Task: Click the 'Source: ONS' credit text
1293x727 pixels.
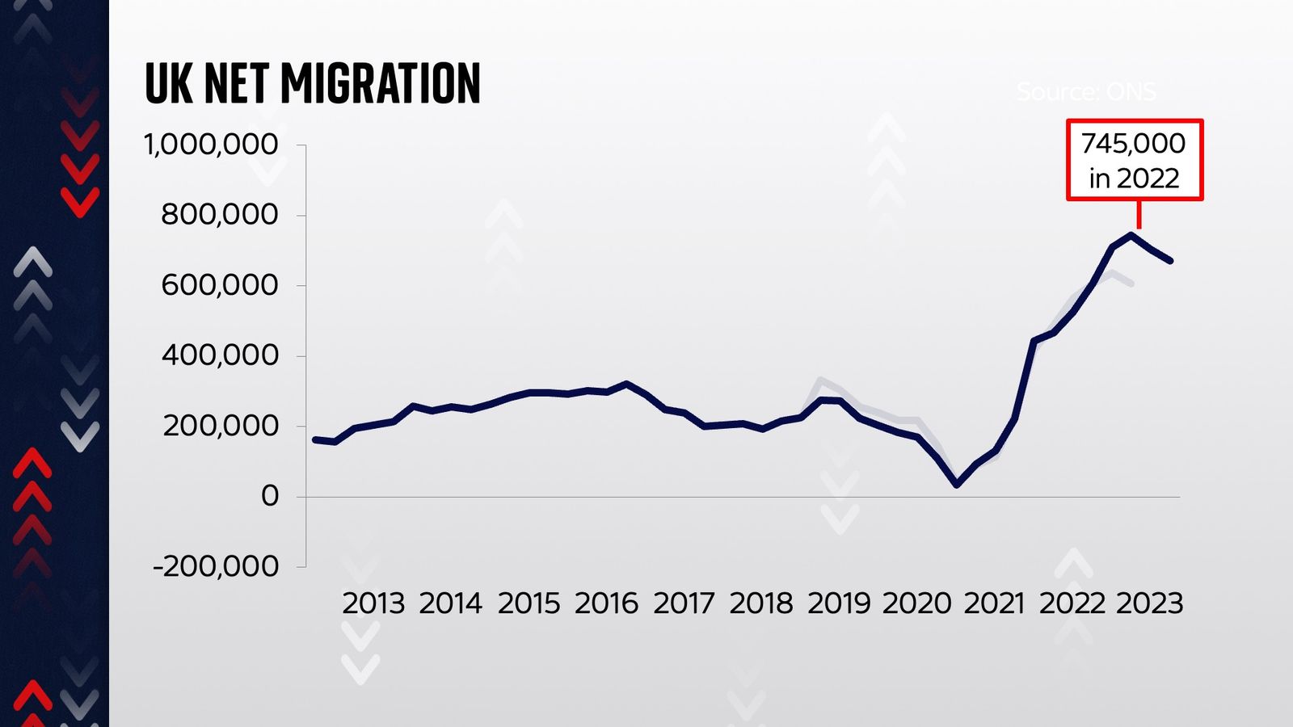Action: click(1086, 92)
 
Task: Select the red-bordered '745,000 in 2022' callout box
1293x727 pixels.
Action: click(1134, 160)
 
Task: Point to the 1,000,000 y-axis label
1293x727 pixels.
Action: click(211, 145)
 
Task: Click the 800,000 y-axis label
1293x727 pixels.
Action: click(219, 215)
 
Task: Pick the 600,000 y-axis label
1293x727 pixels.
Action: click(219, 285)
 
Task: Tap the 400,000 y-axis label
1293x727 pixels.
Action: click(219, 355)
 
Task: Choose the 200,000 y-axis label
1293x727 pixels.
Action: click(220, 426)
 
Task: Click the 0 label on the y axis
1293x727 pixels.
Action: click(270, 496)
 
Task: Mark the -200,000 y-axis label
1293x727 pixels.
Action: click(216, 566)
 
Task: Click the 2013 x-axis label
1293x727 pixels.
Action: click(373, 603)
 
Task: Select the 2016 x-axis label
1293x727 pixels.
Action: click(606, 603)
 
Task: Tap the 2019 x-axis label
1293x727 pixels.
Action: click(839, 603)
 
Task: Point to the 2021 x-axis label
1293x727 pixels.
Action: click(994, 603)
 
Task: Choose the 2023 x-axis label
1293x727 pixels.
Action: click(1149, 603)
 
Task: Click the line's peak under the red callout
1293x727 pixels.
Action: click(1132, 235)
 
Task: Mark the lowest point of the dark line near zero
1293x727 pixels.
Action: click(957, 485)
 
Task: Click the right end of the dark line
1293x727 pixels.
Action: click(1171, 261)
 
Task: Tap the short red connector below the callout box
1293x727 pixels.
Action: click(1139, 215)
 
